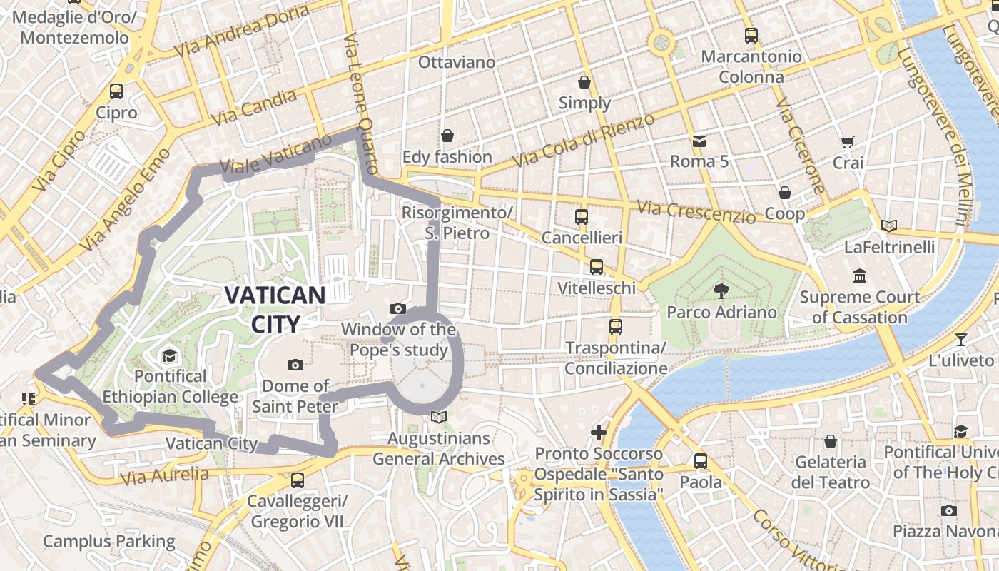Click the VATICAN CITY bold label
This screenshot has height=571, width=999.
pos(275,310)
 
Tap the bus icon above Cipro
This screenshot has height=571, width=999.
pos(116,91)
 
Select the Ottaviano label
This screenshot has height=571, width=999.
pos(457,62)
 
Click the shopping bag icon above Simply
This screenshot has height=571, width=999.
pos(584,82)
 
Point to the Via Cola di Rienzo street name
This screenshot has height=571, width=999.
pos(584,141)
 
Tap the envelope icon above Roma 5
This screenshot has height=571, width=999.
pos(699,141)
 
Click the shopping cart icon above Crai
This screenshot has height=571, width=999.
pos(847,142)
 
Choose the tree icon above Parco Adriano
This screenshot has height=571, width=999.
pos(721,290)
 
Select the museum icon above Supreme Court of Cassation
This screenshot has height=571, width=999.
pos(859,276)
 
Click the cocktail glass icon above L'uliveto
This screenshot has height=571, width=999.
pos(961,340)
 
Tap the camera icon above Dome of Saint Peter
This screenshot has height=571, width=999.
pos(295,365)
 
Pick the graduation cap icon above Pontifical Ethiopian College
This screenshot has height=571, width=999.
pos(169,355)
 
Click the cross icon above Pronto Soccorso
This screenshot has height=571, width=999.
pos(599,433)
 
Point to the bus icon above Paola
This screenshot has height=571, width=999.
pos(700,461)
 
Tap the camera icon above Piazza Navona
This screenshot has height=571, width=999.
pos(948,510)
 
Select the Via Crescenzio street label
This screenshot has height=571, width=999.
pos(696,212)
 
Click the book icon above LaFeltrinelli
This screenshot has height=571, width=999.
pos(888,226)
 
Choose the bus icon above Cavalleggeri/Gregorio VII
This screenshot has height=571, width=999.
pos(297,480)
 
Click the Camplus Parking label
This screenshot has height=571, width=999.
pos(109,542)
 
